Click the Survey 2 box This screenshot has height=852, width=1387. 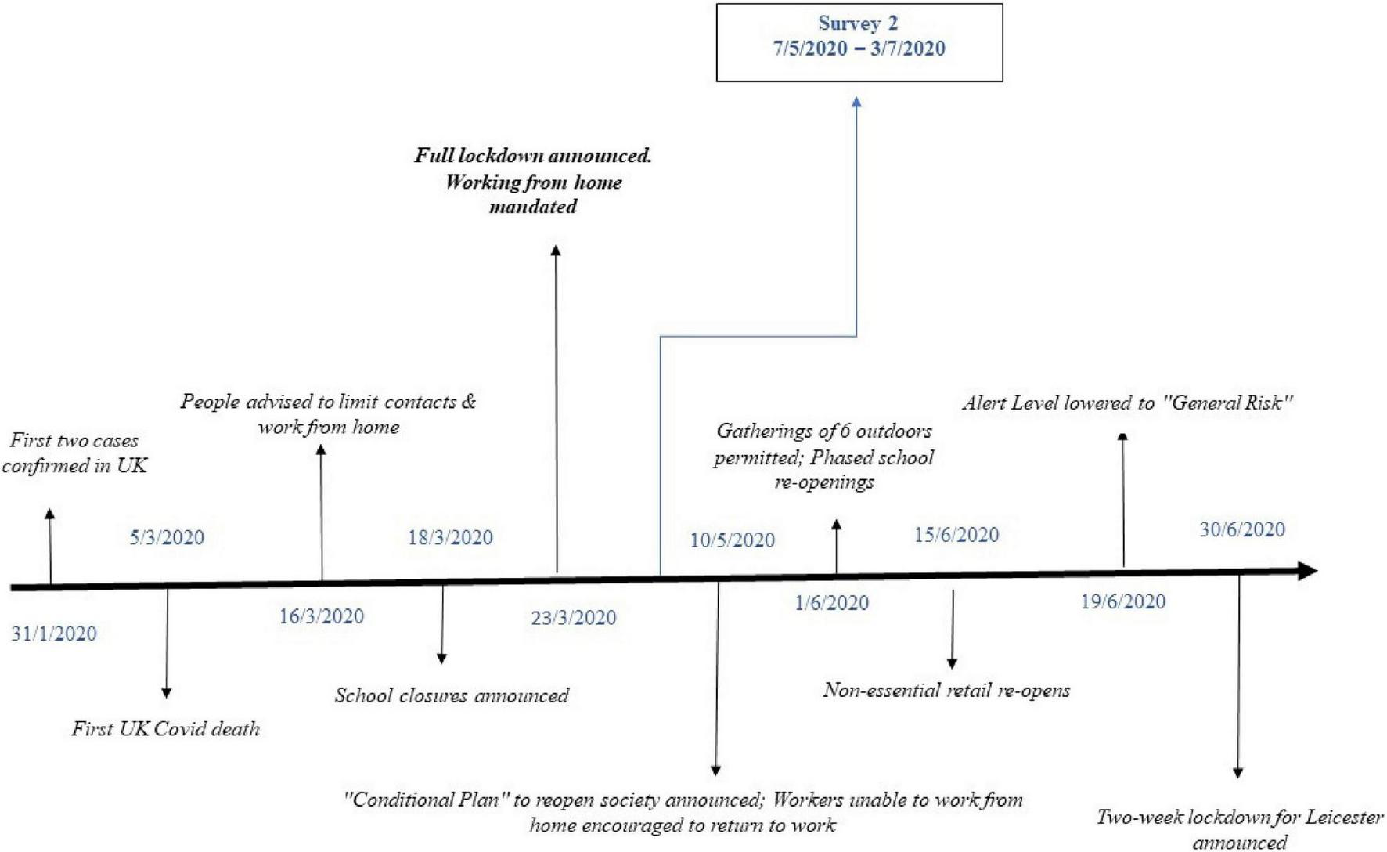pos(859,42)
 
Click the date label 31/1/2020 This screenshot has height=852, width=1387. pos(54,634)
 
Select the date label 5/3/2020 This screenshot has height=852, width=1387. pos(167,537)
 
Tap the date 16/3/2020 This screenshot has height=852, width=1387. pos(322,616)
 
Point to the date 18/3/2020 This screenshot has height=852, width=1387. pos(450,537)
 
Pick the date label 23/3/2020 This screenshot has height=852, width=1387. pos(574,618)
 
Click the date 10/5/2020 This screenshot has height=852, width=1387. pos(733,540)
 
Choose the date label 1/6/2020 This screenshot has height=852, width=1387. pos(831,603)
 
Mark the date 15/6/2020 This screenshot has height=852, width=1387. pos(956,535)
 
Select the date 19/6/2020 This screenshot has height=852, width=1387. pos(1123,601)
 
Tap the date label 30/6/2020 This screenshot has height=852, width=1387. pos(1242,529)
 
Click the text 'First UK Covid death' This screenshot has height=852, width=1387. pos(165,729)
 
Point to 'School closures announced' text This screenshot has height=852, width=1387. pos(452,695)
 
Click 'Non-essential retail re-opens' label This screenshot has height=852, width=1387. pos(946,690)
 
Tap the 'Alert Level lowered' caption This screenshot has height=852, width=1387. pos(1127,403)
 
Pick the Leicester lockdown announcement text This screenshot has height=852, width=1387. pos(1239,829)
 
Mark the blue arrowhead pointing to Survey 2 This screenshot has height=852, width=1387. pos(856,103)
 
